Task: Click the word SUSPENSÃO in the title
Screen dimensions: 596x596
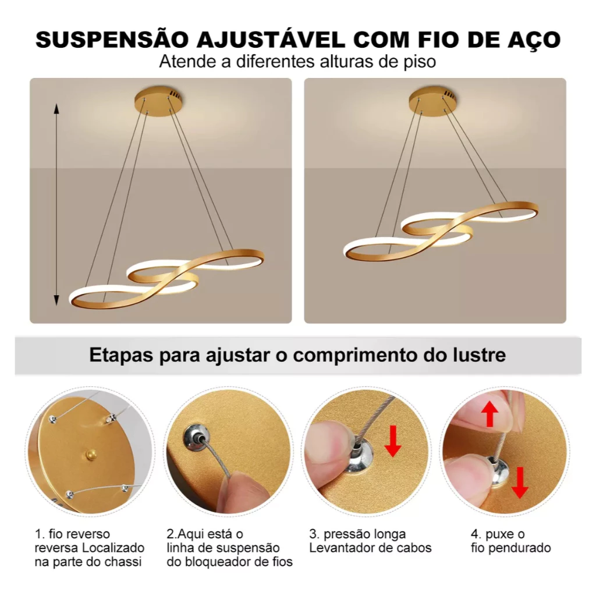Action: point(112,40)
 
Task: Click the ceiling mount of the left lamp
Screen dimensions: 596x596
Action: point(158,101)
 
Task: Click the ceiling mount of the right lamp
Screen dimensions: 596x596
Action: point(433,101)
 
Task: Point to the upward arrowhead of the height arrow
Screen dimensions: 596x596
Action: point(56,108)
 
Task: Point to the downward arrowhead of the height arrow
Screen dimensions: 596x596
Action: point(56,300)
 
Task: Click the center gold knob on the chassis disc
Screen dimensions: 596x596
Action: point(91,453)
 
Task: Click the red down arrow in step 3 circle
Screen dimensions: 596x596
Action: point(393,441)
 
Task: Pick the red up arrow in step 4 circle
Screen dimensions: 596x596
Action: point(489,414)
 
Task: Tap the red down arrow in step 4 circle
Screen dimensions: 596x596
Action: point(520,483)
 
